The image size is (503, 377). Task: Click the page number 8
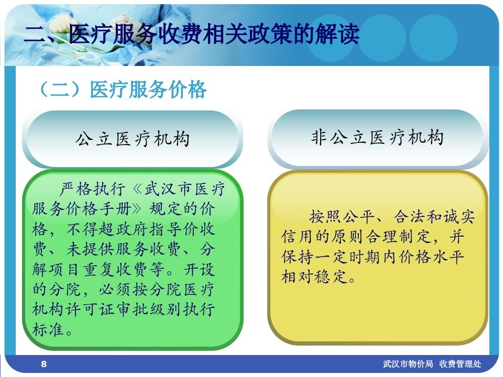tap(43, 364)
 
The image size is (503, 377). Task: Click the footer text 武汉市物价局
tap(408, 364)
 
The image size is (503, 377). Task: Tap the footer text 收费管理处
tap(461, 364)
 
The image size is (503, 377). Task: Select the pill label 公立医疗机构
tap(133, 139)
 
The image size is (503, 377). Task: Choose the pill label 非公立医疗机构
tap(377, 138)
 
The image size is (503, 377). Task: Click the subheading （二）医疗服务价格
tap(122, 89)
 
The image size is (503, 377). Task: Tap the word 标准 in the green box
tap(48, 329)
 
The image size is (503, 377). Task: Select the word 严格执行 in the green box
tap(92, 189)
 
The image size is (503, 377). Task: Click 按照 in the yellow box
tap(325, 217)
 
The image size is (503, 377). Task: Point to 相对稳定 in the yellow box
tap(314, 276)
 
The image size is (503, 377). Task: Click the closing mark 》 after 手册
tap(137, 209)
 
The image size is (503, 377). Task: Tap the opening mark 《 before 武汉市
tap(138, 189)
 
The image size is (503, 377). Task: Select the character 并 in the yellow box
tap(456, 237)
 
